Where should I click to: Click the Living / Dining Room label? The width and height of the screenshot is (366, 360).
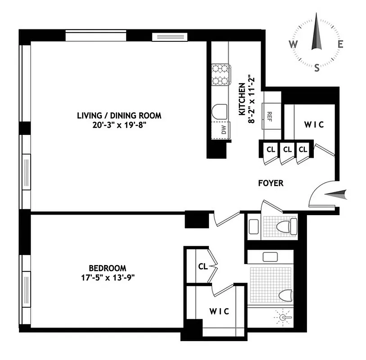tap(119, 116)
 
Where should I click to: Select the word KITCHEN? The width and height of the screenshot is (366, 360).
tap(242, 97)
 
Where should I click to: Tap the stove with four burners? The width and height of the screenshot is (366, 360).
tap(221, 75)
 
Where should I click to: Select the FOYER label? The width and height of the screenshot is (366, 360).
tap(271, 183)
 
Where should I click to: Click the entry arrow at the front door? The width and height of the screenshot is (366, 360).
tap(336, 194)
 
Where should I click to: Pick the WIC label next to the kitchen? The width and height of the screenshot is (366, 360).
tap(313, 125)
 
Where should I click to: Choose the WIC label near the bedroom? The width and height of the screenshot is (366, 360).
tap(219, 311)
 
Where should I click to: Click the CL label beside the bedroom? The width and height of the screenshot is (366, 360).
tap(203, 266)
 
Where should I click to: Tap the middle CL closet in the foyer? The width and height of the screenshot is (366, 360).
tap(286, 149)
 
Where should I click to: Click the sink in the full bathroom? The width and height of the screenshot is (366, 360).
tap(270, 257)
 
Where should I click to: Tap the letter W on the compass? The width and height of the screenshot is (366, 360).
tap(293, 44)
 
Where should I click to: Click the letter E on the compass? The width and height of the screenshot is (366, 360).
tap(341, 44)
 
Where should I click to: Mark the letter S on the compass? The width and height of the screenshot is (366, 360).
tap(317, 68)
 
